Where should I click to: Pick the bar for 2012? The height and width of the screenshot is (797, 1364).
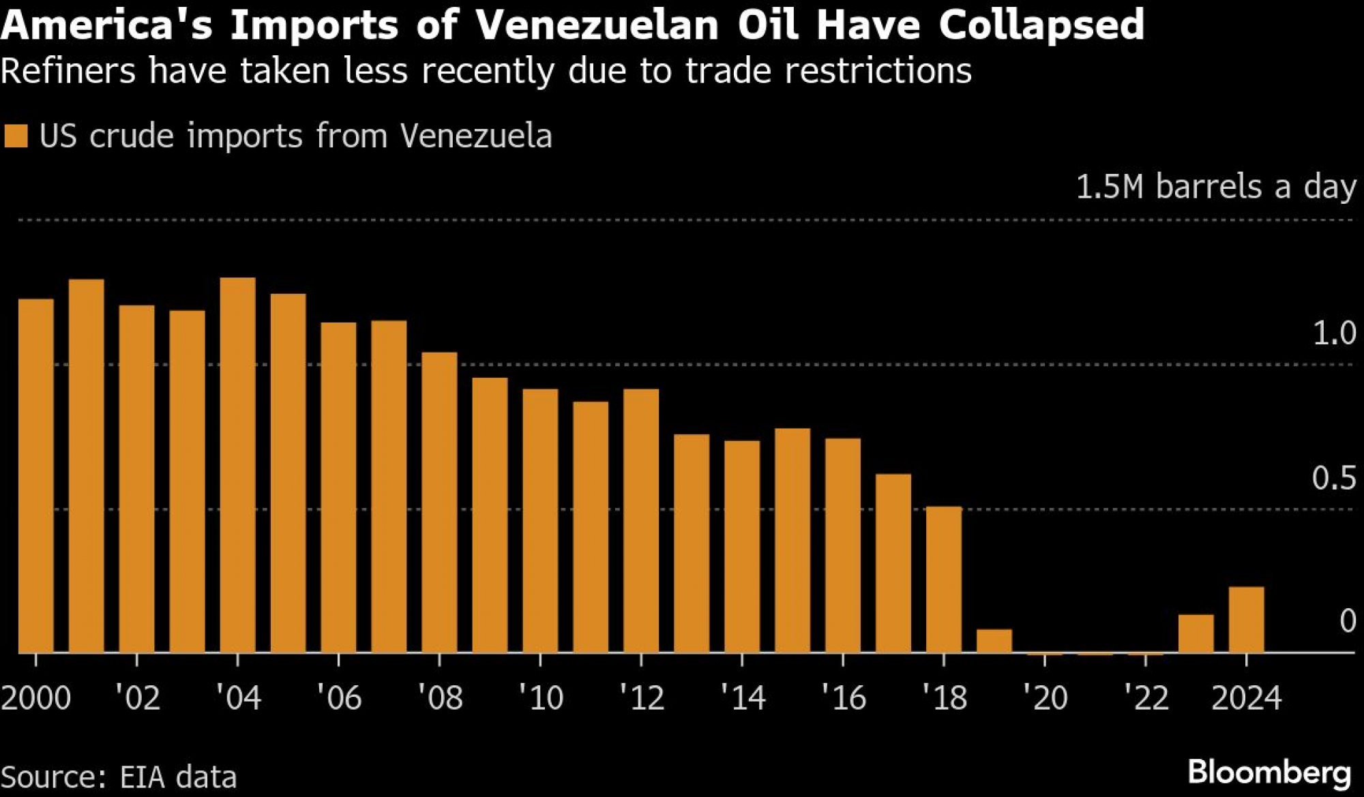[641, 521]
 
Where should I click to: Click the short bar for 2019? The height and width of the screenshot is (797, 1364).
[994, 641]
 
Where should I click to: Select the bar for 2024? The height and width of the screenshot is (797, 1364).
[1246, 620]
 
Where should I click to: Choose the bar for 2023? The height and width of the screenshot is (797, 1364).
[1196, 634]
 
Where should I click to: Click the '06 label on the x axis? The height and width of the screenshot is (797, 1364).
[339, 697]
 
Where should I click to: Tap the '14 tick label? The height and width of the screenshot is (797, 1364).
[743, 697]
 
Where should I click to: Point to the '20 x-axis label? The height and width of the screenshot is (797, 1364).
[1045, 697]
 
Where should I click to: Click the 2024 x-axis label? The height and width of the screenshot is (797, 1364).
[1246, 697]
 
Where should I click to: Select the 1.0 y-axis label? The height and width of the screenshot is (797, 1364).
[1334, 333]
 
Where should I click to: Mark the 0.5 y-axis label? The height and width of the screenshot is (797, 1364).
[1334, 478]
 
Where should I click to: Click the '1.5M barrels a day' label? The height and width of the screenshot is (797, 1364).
[1216, 187]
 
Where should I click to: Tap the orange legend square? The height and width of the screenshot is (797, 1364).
[16, 136]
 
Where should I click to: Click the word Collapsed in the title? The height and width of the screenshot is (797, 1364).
[1041, 25]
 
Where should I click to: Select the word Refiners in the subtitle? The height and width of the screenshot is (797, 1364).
[68, 71]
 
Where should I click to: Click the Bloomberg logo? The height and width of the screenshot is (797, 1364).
[1269, 772]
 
